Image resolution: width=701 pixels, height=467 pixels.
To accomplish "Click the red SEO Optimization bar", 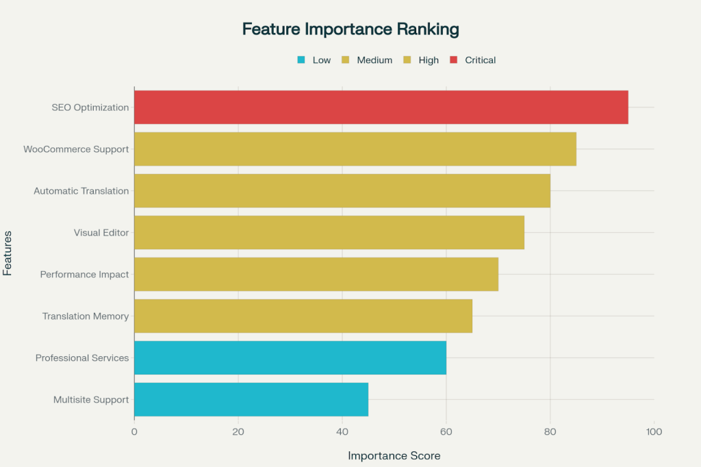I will coord(381,108).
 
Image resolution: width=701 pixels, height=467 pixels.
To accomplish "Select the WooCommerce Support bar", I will coord(355,149).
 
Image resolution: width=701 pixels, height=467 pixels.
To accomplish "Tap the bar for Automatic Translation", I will coord(342,191).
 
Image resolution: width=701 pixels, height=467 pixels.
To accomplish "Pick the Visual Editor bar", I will coord(329,233).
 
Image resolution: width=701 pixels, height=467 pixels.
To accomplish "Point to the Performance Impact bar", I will coord(316,275).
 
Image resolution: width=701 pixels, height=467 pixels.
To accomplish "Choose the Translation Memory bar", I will coord(303,316).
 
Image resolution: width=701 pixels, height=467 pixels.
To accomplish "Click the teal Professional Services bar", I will coord(290,358).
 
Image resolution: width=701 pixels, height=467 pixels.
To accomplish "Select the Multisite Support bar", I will coord(251,400).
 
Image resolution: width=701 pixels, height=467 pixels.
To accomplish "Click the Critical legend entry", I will coord(473,60).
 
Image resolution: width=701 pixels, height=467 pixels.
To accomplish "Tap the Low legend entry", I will coord(314,60).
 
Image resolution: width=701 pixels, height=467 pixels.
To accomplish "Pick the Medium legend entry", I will coord(367,60).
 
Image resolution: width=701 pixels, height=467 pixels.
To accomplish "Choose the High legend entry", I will coord(421,60).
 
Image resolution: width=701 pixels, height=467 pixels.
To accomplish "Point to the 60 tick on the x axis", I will coord(446,432).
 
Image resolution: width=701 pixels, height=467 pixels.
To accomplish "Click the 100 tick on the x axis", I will coord(654,432).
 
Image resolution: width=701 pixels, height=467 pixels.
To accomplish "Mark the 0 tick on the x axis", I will coord(134,432).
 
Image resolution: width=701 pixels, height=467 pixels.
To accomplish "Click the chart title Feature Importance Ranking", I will coord(350,29).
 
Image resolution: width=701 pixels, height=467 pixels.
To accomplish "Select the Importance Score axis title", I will coord(394,455).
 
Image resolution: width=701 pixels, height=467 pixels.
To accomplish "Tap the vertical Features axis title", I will coord(8,253).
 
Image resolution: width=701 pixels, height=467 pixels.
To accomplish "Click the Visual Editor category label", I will coord(101,233).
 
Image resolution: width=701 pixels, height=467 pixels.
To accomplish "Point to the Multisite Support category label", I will coord(91,400).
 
